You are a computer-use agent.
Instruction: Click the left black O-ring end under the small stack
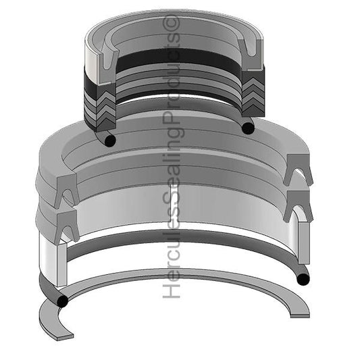tap(108, 138)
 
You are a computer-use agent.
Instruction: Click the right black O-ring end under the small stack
tap(248, 127)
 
